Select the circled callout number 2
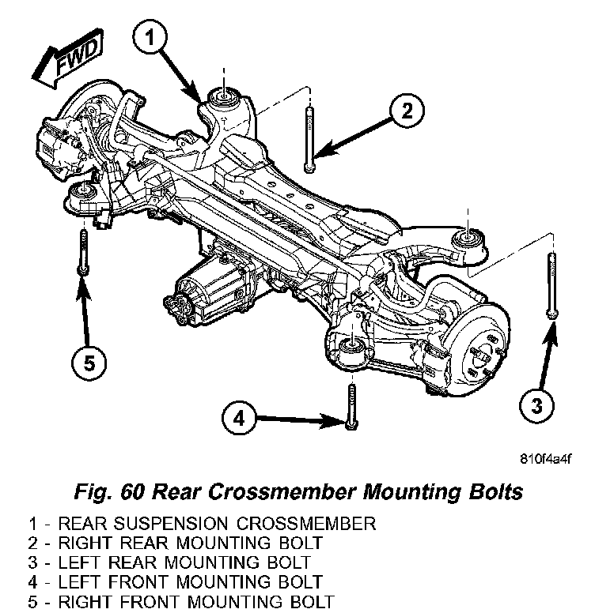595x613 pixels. point(404,113)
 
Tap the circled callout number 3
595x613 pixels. point(536,407)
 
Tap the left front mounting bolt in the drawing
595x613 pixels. point(349,405)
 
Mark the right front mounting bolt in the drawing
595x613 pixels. point(81,250)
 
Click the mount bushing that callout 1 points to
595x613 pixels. point(224,98)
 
